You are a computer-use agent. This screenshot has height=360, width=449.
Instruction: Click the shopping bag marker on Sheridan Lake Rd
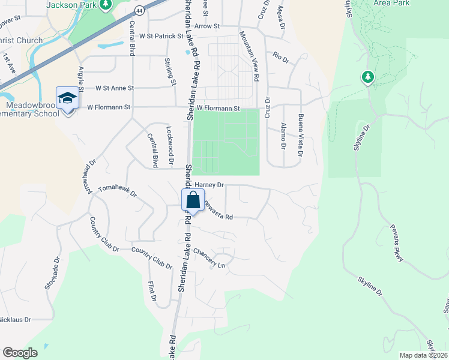(x=193, y=200)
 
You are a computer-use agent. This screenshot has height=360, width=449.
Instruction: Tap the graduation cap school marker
(x=67, y=98)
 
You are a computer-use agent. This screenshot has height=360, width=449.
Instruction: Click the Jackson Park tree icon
(x=106, y=5)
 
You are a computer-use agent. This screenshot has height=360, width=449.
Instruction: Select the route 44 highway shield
(x=139, y=11)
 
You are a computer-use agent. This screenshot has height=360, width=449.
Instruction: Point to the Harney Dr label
(x=209, y=185)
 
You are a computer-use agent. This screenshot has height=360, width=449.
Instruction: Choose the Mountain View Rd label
(x=249, y=57)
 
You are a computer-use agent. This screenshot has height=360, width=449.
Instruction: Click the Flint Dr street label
(x=152, y=290)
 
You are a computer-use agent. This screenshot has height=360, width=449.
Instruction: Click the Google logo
(x=20, y=353)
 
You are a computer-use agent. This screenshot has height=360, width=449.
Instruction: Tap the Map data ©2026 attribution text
(x=423, y=355)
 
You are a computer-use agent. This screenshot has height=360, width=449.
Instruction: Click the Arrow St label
(x=208, y=26)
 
